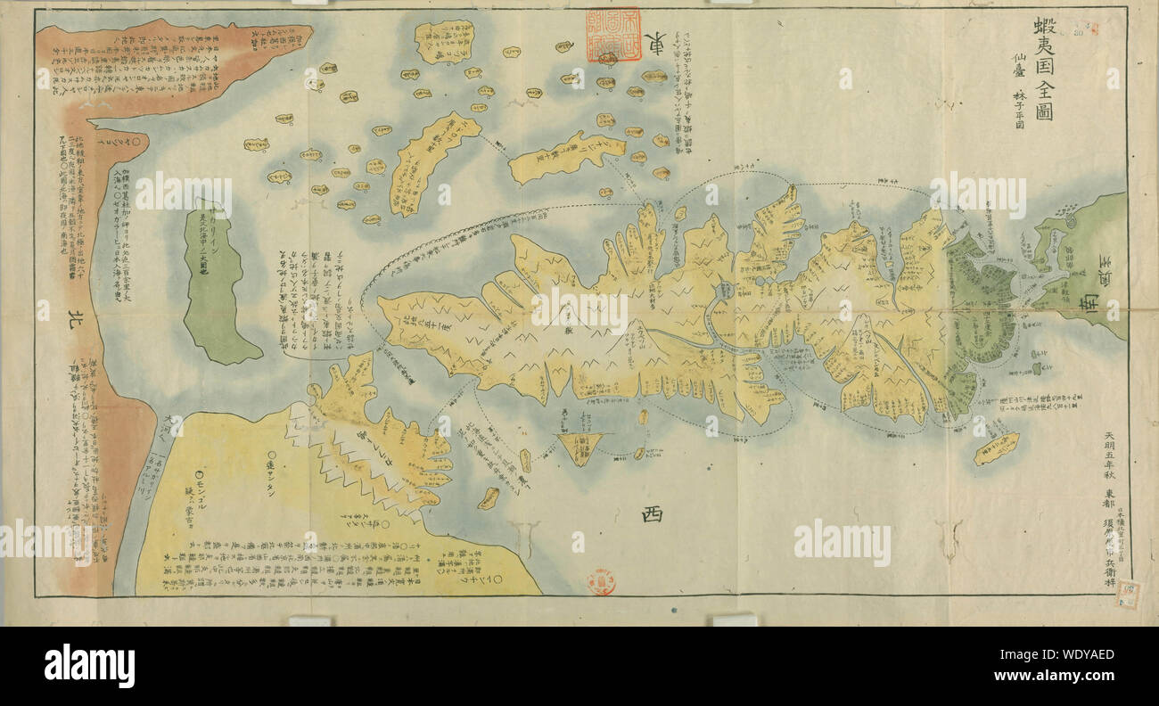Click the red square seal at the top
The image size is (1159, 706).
[612, 35]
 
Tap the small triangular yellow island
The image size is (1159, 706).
[578, 447]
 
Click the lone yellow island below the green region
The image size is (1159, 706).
[995, 447]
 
